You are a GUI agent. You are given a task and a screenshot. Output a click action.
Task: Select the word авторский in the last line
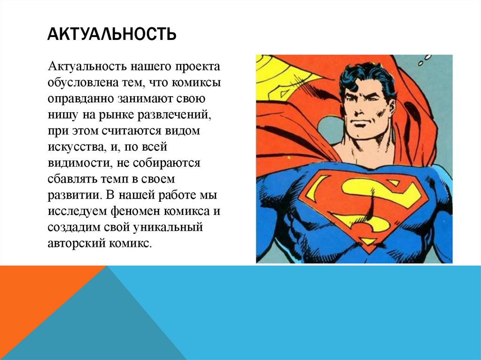pyautogui.click(x=73, y=243)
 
